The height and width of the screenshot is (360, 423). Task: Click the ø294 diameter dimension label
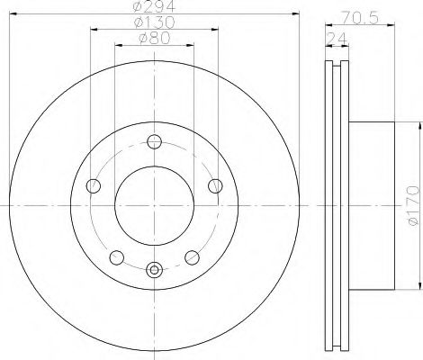(x=154, y=5)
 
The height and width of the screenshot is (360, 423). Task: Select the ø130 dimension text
(x=155, y=22)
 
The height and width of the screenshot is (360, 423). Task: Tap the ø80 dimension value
(x=155, y=38)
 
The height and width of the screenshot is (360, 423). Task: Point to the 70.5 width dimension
(x=360, y=18)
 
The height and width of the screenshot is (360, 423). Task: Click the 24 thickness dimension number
(x=337, y=39)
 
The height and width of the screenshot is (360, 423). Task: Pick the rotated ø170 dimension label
(x=413, y=205)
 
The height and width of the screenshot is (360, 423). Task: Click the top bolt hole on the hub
(x=155, y=141)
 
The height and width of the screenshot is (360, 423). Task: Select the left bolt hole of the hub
(x=94, y=186)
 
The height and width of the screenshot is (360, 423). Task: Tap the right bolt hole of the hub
(x=215, y=186)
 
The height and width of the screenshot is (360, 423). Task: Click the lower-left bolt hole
(x=117, y=257)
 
